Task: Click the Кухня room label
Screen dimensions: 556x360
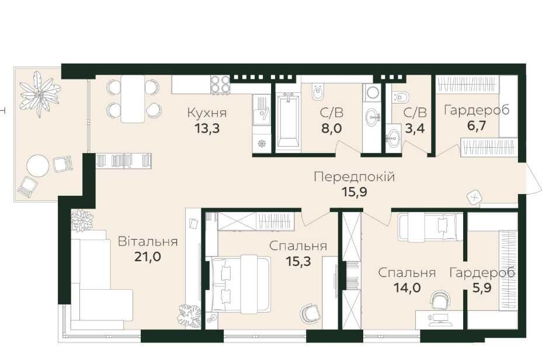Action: click(x=207, y=113)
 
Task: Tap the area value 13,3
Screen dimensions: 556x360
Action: click(x=207, y=128)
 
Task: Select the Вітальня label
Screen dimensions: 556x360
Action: click(x=148, y=241)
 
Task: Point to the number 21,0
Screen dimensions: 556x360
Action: click(x=148, y=257)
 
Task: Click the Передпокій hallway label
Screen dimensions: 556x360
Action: click(x=355, y=176)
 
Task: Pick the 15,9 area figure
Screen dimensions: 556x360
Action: click(x=355, y=192)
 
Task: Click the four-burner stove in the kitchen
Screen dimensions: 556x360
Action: click(x=220, y=85)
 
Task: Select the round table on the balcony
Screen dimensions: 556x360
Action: click(x=38, y=165)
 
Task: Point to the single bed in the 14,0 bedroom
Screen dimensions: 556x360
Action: click(x=430, y=227)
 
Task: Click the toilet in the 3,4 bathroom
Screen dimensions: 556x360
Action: click(x=401, y=96)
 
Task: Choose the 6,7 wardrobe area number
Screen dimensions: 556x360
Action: click(x=477, y=125)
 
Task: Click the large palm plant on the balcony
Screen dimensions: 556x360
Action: click(x=39, y=93)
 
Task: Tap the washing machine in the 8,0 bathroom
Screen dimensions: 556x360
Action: click(x=371, y=94)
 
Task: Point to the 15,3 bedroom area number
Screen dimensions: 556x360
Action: click(x=298, y=261)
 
